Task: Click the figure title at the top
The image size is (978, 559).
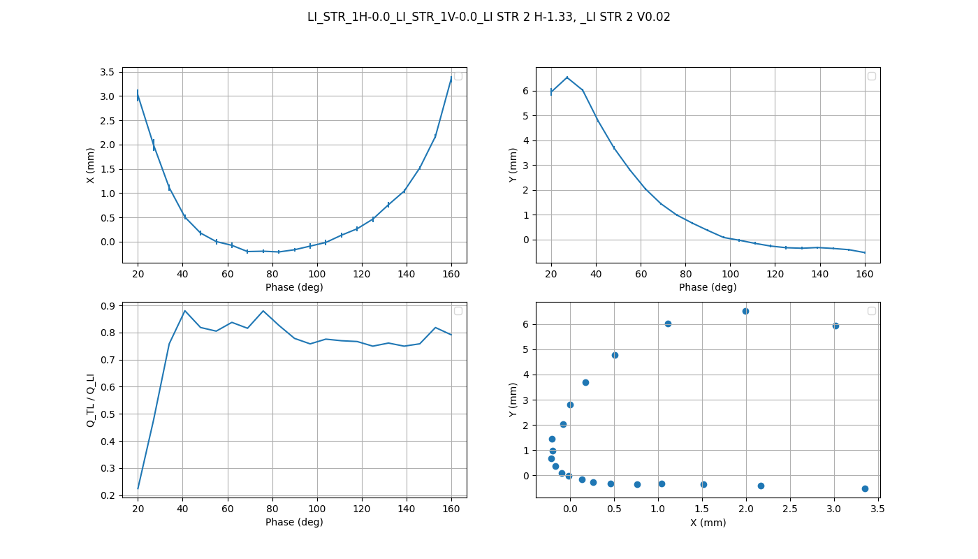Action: [x=488, y=17]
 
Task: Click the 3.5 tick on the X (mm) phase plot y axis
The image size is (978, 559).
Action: [x=107, y=72]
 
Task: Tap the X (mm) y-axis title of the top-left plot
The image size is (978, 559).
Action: [x=90, y=166]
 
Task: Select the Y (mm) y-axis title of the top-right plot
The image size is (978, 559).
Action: [x=513, y=166]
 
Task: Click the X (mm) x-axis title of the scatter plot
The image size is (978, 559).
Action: [x=708, y=523]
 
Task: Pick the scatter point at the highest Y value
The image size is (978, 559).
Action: [x=745, y=311]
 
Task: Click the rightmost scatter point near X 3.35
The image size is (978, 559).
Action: [x=865, y=488]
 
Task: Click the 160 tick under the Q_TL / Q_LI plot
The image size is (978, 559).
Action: [x=451, y=509]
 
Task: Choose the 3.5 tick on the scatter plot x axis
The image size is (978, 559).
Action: [x=878, y=509]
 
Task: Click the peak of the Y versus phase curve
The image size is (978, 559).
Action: [x=567, y=78]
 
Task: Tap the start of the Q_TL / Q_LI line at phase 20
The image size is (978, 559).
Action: [x=138, y=488]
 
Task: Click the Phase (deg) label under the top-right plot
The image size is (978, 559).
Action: [x=708, y=287]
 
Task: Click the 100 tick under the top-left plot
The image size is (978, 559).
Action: [x=317, y=274]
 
